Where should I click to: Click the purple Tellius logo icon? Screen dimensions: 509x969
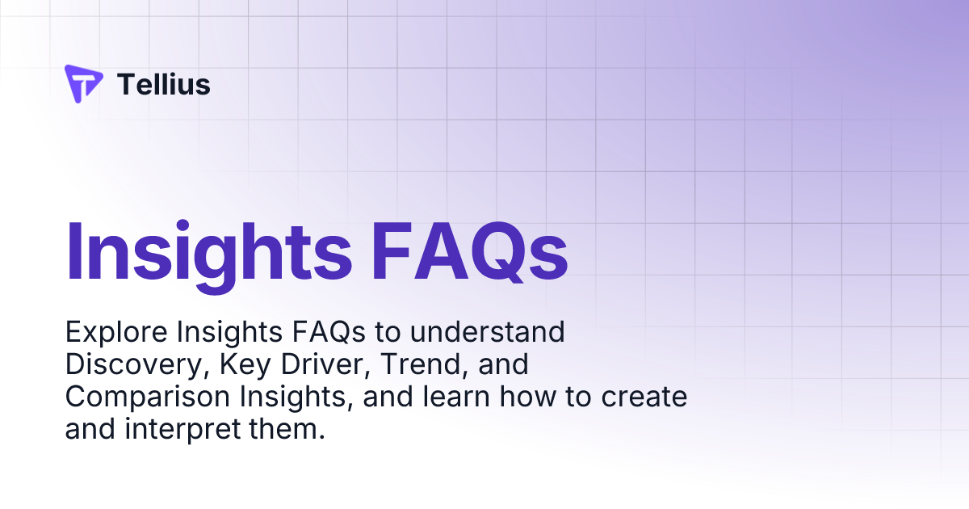pyautogui.click(x=83, y=84)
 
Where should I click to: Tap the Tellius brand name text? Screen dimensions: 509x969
pyautogui.click(x=164, y=84)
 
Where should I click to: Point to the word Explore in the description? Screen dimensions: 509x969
pyautogui.click(x=115, y=332)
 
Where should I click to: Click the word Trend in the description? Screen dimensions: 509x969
pyautogui.click(x=412, y=365)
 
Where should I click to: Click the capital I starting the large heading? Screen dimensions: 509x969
pyautogui.click(x=74, y=249)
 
